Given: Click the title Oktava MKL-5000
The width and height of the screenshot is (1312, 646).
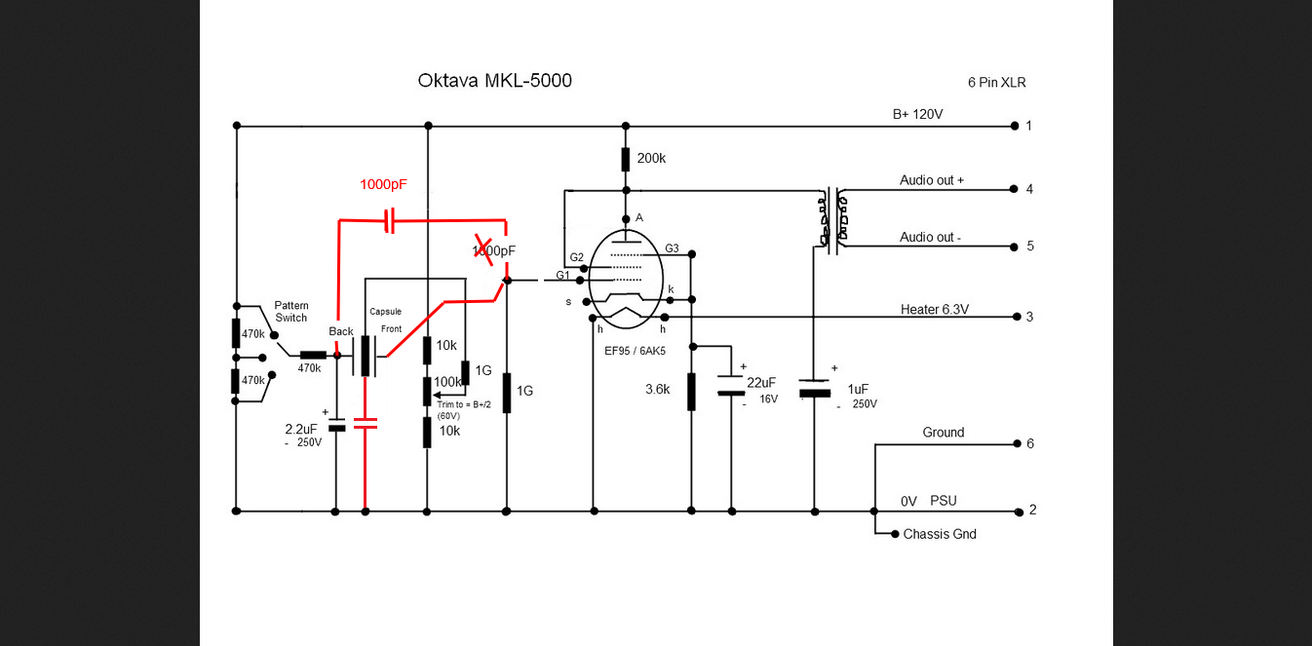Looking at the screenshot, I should (x=494, y=81).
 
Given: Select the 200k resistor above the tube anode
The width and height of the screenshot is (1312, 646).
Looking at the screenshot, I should (x=626, y=159).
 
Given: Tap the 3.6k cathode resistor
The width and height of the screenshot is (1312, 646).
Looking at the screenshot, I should (x=691, y=390).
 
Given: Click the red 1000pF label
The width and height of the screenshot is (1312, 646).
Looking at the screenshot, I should (x=383, y=184).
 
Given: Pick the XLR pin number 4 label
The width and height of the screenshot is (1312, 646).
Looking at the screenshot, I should (x=1029, y=189).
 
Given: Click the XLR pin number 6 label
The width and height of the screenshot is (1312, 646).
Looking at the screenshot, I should (x=1029, y=444).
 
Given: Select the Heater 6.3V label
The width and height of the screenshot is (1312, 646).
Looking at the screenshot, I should (x=934, y=310).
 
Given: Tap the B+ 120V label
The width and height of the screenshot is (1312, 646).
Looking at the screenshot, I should (x=917, y=114).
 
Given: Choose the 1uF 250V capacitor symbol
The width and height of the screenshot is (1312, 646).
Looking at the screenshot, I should (x=814, y=390).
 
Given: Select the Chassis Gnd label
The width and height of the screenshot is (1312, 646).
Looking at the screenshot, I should (x=939, y=534).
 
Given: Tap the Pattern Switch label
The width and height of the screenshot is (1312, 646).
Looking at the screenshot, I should (x=290, y=311).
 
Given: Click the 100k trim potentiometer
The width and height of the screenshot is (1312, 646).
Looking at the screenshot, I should (x=427, y=390).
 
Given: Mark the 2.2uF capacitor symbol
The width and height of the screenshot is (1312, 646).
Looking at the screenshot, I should (x=336, y=425).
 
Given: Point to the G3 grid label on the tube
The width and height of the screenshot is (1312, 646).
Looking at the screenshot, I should (x=672, y=248).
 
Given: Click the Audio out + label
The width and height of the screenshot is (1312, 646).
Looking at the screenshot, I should (x=931, y=180).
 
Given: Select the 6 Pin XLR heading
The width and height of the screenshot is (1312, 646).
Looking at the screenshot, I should (x=996, y=83).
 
